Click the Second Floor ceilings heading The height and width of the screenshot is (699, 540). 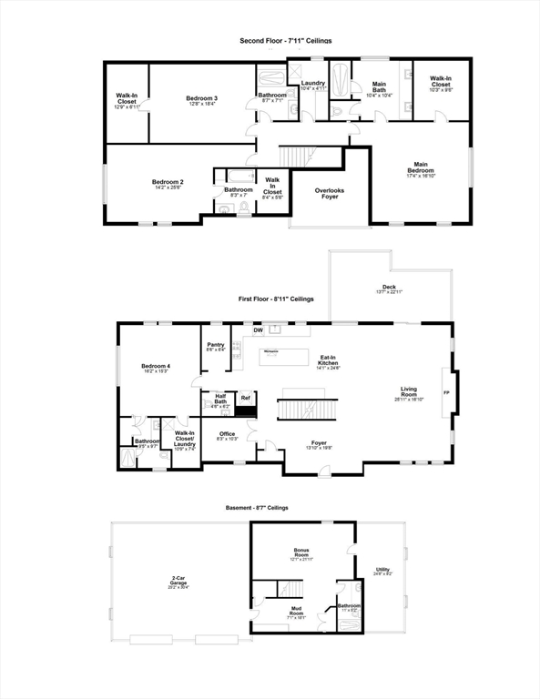pyautogui.click(x=285, y=41)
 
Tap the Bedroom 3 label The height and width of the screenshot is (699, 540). pyautogui.click(x=202, y=100)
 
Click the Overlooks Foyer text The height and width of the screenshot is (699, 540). pyautogui.click(x=329, y=194)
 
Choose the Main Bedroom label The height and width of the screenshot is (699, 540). pyautogui.click(x=420, y=168)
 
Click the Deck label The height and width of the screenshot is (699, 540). pyautogui.click(x=389, y=289)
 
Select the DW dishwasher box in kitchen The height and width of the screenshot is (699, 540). pyautogui.click(x=245, y=330)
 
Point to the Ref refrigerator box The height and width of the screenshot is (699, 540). pyautogui.click(x=244, y=398)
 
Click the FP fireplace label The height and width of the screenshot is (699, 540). pyautogui.click(x=445, y=393)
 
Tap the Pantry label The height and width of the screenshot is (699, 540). pyautogui.click(x=216, y=347)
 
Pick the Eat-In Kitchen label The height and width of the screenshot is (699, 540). pyautogui.click(x=328, y=361)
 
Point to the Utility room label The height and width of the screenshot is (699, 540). pyautogui.click(x=382, y=571)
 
